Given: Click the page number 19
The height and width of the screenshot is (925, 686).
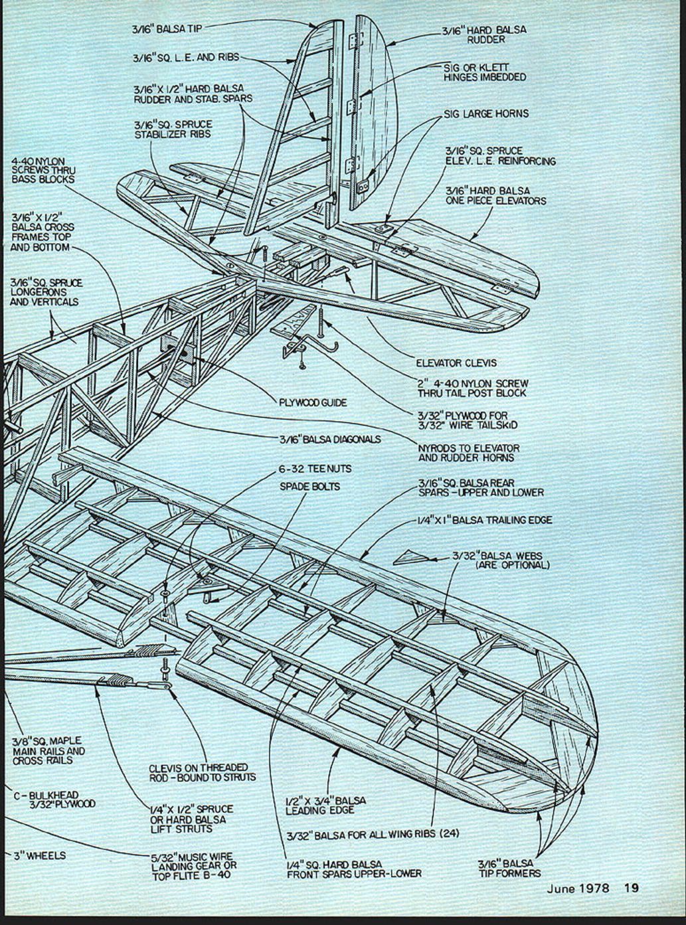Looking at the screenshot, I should point(631,887).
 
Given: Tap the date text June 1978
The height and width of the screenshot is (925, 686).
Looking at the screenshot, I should point(578,888).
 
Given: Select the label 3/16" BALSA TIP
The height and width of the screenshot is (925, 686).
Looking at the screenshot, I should point(166,29).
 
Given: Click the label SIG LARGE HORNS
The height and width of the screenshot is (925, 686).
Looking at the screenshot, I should point(486,114).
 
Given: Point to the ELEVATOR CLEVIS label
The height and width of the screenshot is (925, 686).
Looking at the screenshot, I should point(456,363).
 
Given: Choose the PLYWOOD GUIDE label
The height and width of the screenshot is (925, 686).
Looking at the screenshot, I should point(313,402).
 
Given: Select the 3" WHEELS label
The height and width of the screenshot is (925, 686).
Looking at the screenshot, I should point(39,856).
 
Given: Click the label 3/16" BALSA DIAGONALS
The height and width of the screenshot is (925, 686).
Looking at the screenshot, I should point(330,439).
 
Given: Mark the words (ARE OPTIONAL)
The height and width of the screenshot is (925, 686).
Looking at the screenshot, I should point(512,565).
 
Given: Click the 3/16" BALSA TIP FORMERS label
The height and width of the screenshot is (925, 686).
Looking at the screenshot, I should point(509,869).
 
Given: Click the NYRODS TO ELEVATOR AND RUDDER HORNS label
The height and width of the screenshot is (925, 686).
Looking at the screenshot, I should point(468,453).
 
